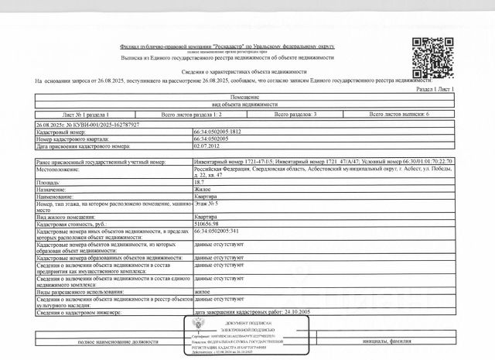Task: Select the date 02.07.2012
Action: pos(208,145)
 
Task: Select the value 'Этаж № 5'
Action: pos(207,204)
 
